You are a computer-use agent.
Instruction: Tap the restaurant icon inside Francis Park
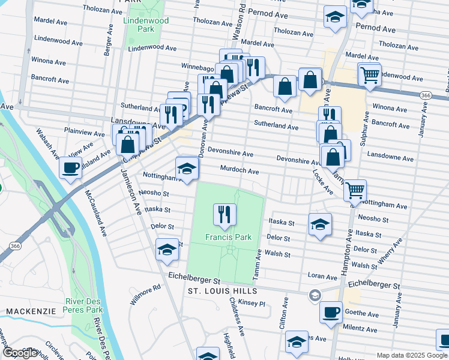coord(225,214)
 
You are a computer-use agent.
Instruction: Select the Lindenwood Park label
coord(139,24)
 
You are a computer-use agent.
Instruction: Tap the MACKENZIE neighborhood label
coord(31,311)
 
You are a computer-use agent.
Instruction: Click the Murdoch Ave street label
coord(239,171)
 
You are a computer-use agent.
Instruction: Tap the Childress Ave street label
coord(237,321)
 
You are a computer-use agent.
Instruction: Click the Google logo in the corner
coord(20,353)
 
